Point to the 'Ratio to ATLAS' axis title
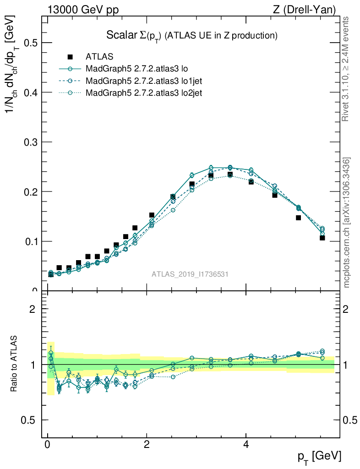tap(15, 364)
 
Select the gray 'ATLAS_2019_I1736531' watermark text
tap(190, 274)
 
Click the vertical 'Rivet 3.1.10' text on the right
tap(346, 69)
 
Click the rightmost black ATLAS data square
tap(322, 238)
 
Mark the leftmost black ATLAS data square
tap(50, 274)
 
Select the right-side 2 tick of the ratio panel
tap(347, 309)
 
